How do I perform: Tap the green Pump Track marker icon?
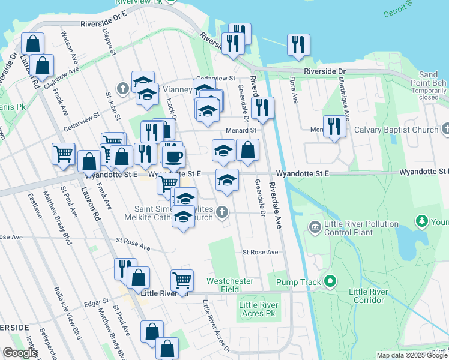(329, 281)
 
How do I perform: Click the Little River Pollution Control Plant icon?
(314, 227)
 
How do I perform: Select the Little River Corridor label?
(367, 296)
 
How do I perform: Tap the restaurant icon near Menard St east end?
(334, 126)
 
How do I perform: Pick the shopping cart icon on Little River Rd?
(182, 279)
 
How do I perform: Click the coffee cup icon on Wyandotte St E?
(174, 157)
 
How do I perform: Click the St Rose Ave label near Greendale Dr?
(260, 253)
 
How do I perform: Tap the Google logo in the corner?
(20, 353)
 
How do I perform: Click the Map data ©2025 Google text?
(412, 355)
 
